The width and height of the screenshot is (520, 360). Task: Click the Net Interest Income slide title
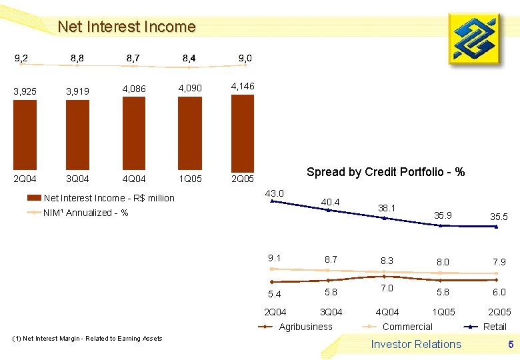[127, 27]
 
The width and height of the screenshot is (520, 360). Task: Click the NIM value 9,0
[245, 59]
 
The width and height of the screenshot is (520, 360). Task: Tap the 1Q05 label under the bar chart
[190, 179]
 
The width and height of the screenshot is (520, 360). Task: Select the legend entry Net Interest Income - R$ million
[101, 198]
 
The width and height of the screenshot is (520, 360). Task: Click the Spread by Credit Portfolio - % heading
[385, 172]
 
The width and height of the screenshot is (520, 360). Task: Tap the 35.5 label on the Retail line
[497, 217]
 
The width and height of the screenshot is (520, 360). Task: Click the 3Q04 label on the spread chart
[331, 312]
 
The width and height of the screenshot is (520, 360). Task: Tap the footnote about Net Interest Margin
[87, 339]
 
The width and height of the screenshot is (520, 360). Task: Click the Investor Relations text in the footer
[416, 344]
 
